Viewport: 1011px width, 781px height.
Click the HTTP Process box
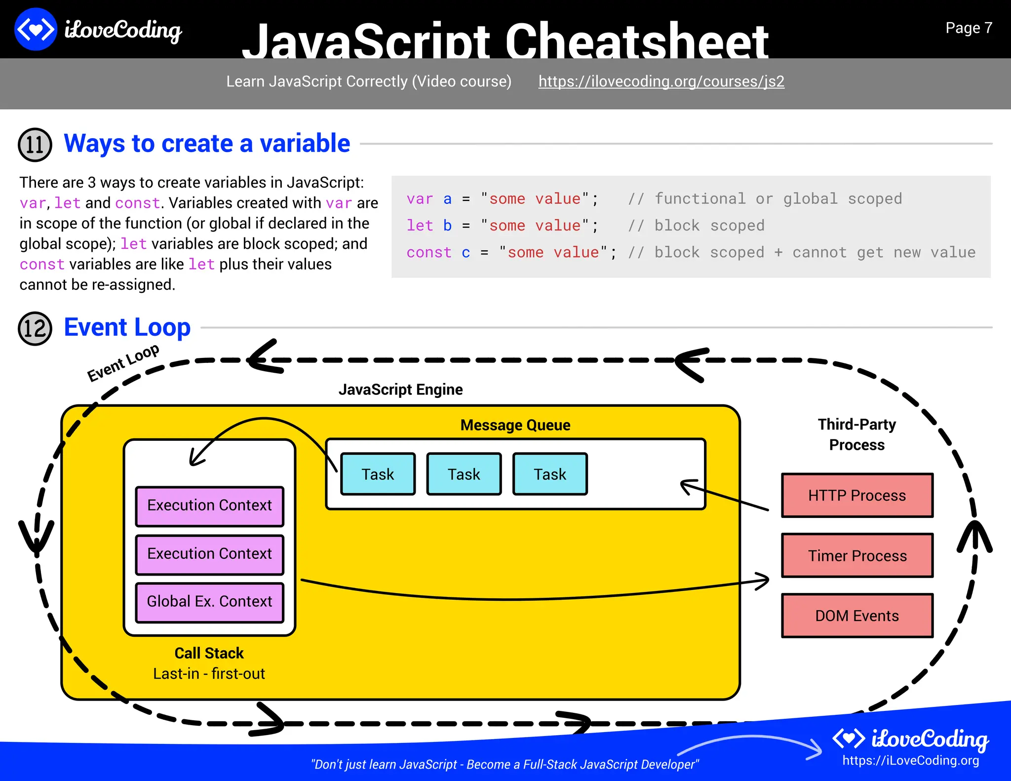[x=857, y=495]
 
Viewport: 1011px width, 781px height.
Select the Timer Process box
[x=857, y=555]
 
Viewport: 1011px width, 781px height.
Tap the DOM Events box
[x=857, y=616]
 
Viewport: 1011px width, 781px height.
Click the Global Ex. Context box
[x=209, y=602]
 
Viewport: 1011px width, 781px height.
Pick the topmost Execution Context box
[x=209, y=506]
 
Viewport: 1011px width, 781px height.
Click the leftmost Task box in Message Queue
[x=378, y=474]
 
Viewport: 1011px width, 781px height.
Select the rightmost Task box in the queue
[x=550, y=474]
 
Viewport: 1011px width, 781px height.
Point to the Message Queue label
[x=515, y=425]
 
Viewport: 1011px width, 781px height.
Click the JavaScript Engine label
[x=400, y=390]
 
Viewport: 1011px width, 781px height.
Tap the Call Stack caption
[x=209, y=653]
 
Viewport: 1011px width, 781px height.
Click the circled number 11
[x=35, y=145]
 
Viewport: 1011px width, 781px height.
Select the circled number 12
[x=35, y=329]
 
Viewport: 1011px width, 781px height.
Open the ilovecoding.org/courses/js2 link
[x=661, y=81]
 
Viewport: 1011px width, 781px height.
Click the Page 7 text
[x=968, y=28]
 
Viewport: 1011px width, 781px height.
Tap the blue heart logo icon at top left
[x=36, y=30]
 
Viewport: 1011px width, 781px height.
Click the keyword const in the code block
[x=428, y=253]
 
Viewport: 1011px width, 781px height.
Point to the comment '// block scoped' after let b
[x=696, y=226]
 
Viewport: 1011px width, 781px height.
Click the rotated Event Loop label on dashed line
[x=123, y=362]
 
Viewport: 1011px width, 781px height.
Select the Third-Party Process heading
[x=856, y=434]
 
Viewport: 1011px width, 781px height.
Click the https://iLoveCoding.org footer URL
[x=910, y=761]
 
